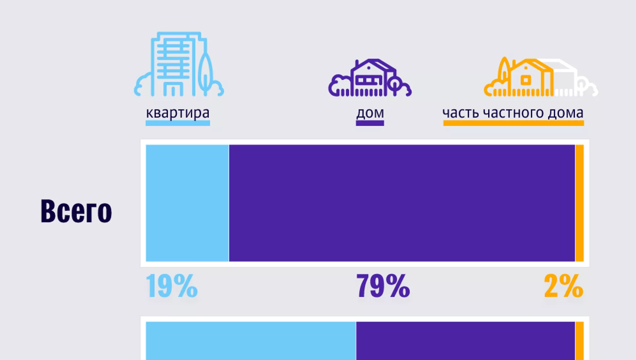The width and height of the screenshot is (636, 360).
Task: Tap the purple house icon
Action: coord(370,79)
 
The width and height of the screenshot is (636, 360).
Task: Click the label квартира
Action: coord(178,113)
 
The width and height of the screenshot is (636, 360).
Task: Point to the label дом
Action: coord(370,113)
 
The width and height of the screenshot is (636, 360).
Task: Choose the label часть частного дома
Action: coord(513,113)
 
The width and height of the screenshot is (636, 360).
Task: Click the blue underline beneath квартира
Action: coord(178,123)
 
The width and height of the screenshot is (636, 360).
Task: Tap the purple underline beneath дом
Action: coord(370,123)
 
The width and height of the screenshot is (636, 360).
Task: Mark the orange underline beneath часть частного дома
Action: coord(513,123)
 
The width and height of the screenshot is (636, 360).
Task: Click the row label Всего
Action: coord(76,211)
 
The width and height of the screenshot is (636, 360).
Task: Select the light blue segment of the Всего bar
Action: coord(187,203)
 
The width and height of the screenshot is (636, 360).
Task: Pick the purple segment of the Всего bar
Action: coord(402,203)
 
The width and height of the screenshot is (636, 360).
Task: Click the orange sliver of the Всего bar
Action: coord(579,203)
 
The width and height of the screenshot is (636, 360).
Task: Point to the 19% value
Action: coord(172,286)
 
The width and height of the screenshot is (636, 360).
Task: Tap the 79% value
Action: coord(383,286)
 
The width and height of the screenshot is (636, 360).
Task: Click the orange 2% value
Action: coord(563,286)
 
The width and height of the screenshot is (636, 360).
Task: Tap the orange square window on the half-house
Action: coord(526,80)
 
